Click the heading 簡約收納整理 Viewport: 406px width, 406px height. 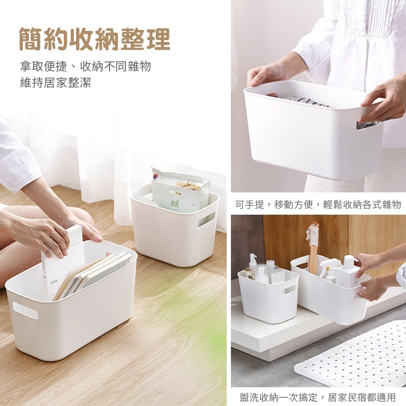95,39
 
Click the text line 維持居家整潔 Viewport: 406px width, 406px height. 56,83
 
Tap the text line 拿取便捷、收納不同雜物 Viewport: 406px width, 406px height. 85,66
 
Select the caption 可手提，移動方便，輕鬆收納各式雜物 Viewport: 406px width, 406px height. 318,205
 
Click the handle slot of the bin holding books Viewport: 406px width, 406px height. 25,310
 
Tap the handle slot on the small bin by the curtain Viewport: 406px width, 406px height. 206,219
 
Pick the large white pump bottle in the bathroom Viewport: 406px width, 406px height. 348,272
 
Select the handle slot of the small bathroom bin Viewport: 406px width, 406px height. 288,290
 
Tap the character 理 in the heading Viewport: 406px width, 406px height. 158,39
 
